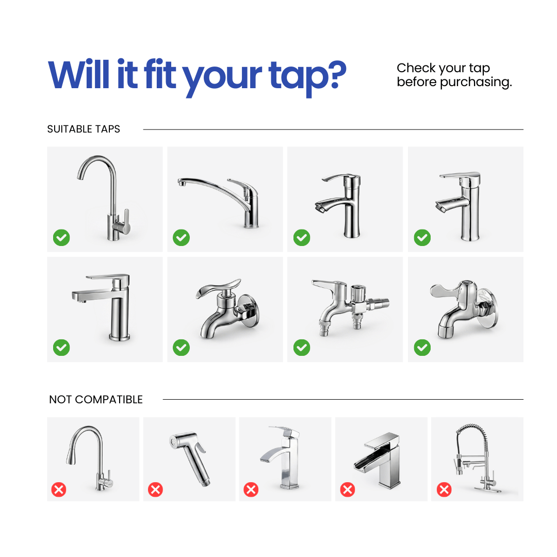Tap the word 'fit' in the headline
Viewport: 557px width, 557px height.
point(160,74)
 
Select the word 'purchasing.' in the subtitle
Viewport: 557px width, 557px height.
point(476,83)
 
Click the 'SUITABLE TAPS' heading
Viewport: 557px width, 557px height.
point(84,129)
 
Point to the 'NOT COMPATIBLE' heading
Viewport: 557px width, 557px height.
point(96,399)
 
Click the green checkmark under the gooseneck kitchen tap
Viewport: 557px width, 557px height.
point(61,238)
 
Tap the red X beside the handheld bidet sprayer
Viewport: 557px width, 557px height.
point(156,489)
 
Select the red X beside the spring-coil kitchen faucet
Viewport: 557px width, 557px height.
point(444,489)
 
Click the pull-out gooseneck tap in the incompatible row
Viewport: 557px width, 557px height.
point(89,458)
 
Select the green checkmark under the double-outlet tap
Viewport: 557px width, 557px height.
point(302,348)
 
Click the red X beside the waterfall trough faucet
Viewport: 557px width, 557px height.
point(348,489)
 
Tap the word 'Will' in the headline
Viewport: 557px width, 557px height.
point(79,74)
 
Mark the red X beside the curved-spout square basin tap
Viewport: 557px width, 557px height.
point(251,489)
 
